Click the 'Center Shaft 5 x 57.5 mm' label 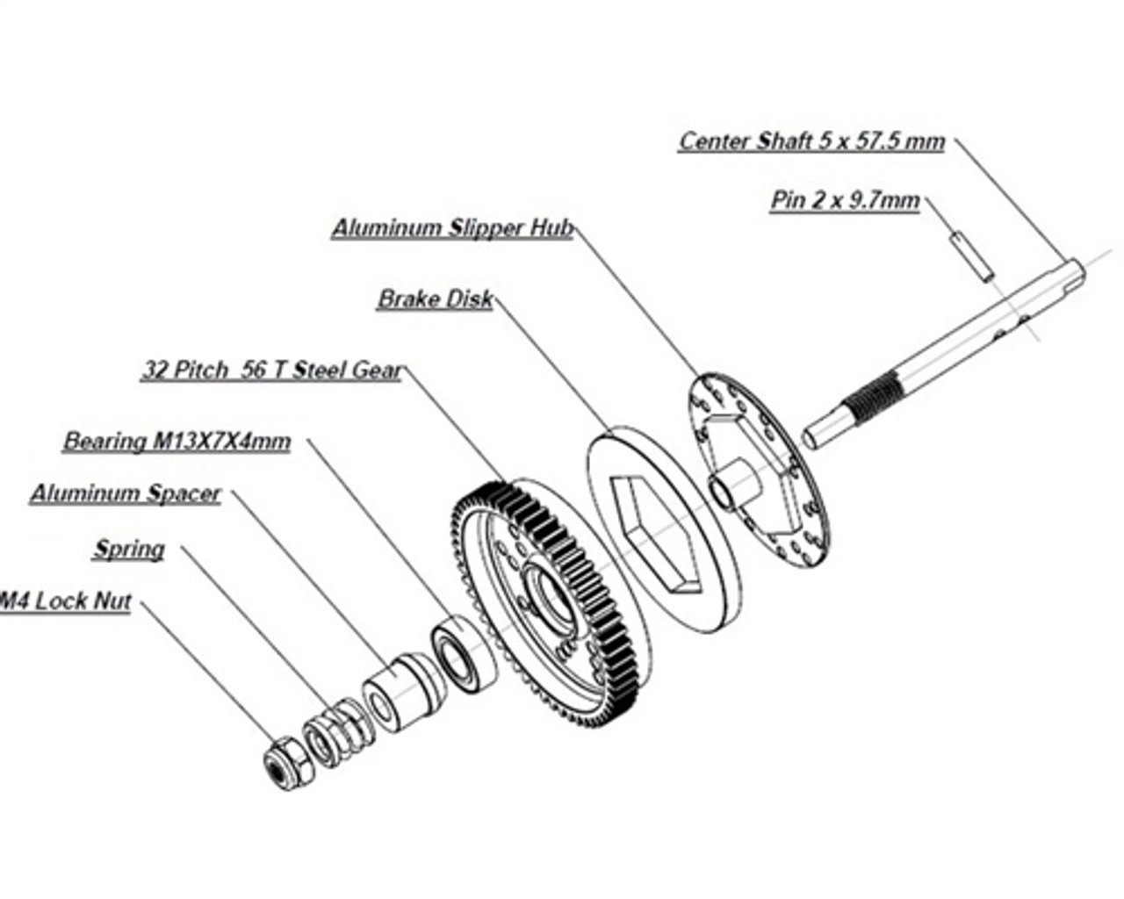[x=811, y=141]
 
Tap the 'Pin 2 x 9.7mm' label [x=845, y=201]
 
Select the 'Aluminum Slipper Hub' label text [x=452, y=228]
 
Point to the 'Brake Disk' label [x=435, y=299]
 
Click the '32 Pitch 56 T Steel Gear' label [x=272, y=370]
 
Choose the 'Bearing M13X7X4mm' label [x=177, y=441]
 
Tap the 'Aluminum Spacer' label [x=126, y=493]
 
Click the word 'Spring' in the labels [x=129, y=550]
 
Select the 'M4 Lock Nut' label [x=66, y=602]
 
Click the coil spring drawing [x=329, y=732]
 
